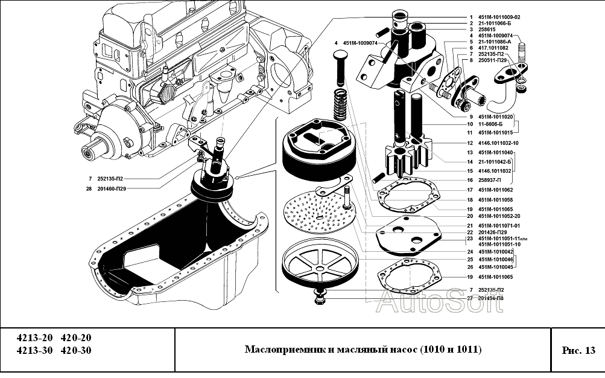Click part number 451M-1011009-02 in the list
pyautogui.click(x=499, y=16)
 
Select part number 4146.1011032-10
pyautogui.click(x=498, y=143)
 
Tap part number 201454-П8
pyautogui.click(x=491, y=298)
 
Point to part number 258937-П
pyautogui.click(x=491, y=180)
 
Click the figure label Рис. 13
pyautogui.click(x=578, y=350)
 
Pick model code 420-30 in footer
pyautogui.click(x=76, y=350)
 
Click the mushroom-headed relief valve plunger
pyautogui.click(x=338, y=66)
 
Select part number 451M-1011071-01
pyautogui.click(x=499, y=225)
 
